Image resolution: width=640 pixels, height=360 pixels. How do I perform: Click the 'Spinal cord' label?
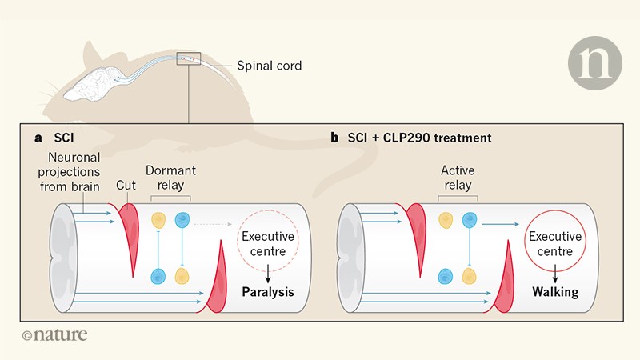pyautogui.click(x=269, y=66)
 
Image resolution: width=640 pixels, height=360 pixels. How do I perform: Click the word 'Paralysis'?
pyautogui.click(x=268, y=292)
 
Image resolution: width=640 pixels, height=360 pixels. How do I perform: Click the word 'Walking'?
pyautogui.click(x=555, y=292)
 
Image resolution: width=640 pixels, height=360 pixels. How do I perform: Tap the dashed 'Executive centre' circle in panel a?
pyautogui.click(x=268, y=243)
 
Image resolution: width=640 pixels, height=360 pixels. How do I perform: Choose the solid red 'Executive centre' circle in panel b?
pyautogui.click(x=555, y=243)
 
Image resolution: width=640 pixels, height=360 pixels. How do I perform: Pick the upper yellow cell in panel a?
pyautogui.click(x=158, y=218)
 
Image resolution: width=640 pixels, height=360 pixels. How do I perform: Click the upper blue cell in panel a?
pyautogui.click(x=183, y=218)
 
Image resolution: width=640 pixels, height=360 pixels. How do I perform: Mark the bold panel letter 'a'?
pyautogui.click(x=38, y=138)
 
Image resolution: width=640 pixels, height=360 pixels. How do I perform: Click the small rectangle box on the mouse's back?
pyautogui.click(x=189, y=59)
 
